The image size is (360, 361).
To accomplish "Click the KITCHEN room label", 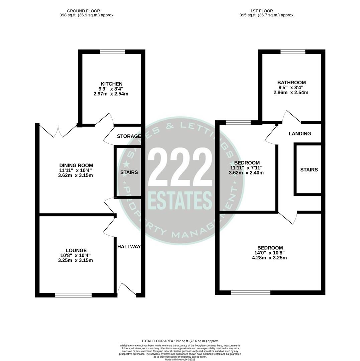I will [111, 84].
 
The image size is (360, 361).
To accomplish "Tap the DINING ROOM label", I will [76, 165].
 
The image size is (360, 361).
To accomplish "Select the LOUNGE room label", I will [76, 250].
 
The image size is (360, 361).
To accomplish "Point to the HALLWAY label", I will [129, 247].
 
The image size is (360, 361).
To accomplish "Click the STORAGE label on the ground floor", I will [129, 136].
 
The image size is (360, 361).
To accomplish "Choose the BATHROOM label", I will [291, 83].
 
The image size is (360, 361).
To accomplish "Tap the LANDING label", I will [299, 134].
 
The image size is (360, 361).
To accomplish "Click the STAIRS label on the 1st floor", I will [309, 170].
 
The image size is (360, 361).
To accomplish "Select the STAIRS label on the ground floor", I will [129, 172].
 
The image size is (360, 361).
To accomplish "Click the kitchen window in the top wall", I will [112, 51].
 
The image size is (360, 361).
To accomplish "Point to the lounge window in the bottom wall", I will [73, 295].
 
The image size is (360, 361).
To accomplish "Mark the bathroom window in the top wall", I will [292, 51].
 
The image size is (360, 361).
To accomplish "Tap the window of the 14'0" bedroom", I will [250, 293].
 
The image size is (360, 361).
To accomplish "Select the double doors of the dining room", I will [58, 132].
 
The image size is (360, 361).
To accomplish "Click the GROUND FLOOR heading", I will [83, 11].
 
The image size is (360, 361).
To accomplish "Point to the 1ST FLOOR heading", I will [261, 11].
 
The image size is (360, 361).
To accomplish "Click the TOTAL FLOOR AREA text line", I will [180, 341].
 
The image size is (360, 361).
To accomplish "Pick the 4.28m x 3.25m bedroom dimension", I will [269, 258].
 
